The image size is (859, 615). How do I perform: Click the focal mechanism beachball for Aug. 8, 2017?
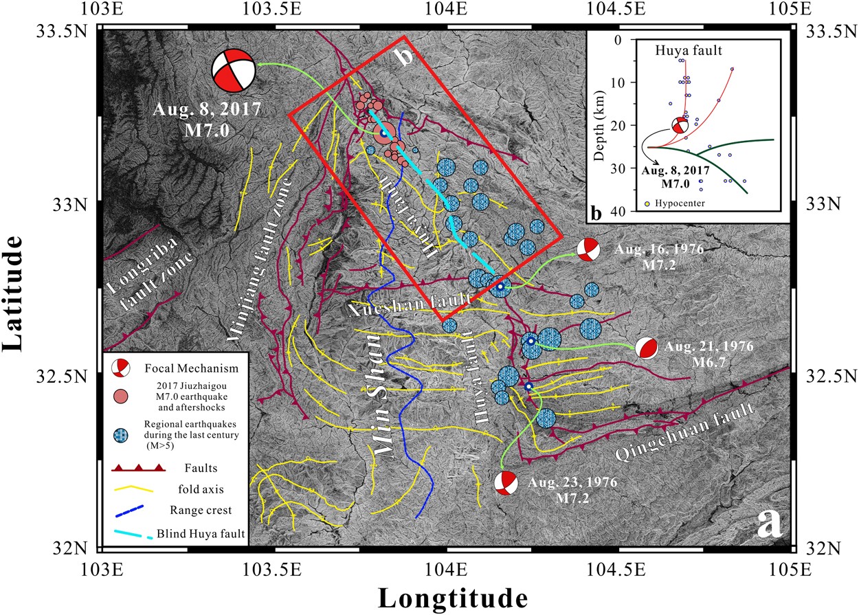pyautogui.click(x=233, y=69)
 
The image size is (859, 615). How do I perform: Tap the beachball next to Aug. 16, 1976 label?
pyautogui.click(x=588, y=249)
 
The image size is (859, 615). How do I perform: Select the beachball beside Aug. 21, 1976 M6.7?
pyautogui.click(x=646, y=348)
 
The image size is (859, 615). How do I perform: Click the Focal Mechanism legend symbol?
pyautogui.click(x=121, y=368)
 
